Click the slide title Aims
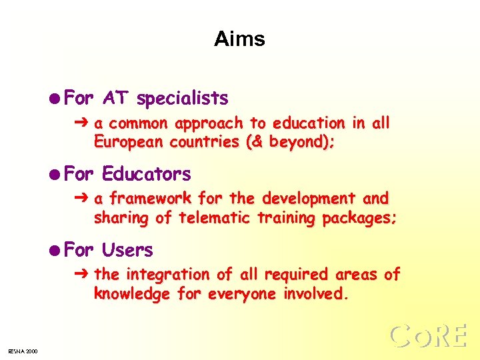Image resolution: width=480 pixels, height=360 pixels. coord(239,39)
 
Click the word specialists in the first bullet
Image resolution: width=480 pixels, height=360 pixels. coord(182,99)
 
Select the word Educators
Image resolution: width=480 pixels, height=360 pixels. coord(146,175)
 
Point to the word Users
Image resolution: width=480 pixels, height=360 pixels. coord(127,251)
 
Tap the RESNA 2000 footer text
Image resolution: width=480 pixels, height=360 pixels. coord(23,351)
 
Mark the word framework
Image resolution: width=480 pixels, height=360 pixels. coord(144,199)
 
